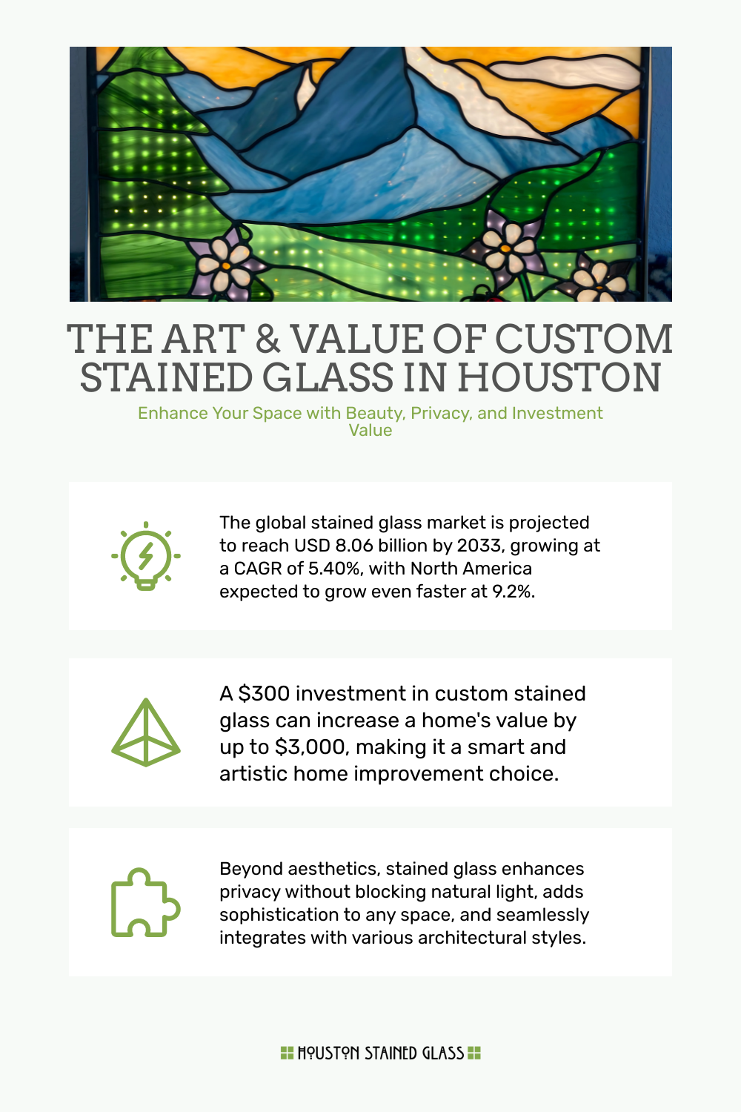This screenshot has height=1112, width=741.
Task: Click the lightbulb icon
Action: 146,556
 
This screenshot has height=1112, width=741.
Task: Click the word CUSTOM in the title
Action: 584,340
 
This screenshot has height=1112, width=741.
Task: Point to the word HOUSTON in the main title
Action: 559,378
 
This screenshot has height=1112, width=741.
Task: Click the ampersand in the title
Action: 268,340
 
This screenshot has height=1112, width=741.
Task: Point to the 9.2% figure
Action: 513,592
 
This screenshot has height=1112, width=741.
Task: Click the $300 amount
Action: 264,694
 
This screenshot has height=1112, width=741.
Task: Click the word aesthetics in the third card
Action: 332,869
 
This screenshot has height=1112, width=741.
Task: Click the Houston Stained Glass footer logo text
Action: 381,1053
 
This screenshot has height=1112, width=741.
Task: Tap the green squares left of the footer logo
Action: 287,1053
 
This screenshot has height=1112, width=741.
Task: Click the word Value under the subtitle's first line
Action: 370,431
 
